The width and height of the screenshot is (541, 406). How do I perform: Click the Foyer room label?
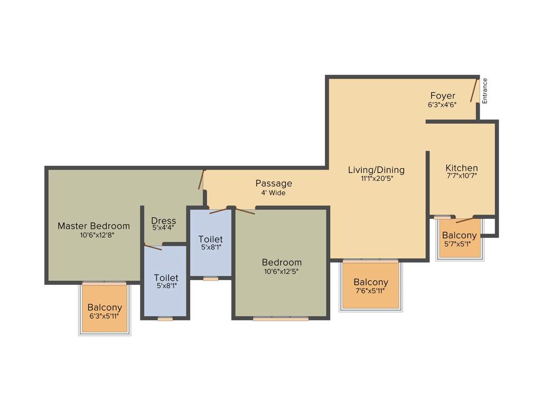(442, 96)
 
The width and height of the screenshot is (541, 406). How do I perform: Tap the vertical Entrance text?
(485, 90)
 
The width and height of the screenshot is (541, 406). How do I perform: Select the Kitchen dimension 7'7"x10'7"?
(461, 176)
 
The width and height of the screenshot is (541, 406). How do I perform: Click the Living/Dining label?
(376, 170)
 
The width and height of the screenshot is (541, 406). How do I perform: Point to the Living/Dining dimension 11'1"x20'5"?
(376, 179)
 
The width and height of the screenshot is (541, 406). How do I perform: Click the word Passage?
(274, 183)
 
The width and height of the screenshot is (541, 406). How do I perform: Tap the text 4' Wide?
(273, 193)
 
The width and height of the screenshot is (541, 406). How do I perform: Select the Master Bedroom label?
(94, 226)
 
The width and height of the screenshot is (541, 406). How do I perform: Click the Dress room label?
(163, 220)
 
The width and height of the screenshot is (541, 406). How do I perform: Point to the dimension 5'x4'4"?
(163, 228)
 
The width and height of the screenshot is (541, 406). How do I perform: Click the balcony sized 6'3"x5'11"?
(105, 308)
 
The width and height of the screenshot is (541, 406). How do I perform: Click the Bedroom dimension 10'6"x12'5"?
(282, 272)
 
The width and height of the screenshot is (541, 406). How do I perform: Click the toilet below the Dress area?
(165, 281)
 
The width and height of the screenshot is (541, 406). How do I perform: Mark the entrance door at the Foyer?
(474, 90)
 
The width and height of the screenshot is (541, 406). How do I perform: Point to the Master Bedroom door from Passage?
(201, 179)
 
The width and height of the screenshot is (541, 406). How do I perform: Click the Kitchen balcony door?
(464, 219)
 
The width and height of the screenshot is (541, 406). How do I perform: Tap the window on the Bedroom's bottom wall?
(281, 319)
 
